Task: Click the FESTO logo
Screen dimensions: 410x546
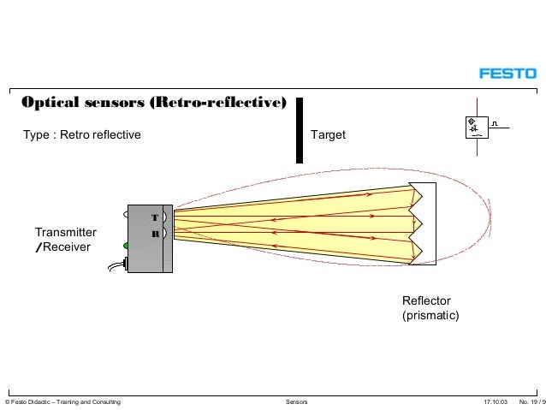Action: click(x=507, y=74)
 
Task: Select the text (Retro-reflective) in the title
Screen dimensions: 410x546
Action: click(x=217, y=104)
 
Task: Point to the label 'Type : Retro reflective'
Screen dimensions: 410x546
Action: click(x=82, y=134)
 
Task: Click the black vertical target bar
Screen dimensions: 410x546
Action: click(x=300, y=129)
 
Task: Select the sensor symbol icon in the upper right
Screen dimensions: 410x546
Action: click(x=473, y=129)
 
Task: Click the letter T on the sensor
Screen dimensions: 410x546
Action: click(x=155, y=217)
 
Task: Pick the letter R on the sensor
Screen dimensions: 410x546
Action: click(x=155, y=234)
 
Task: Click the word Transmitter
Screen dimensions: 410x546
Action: click(x=66, y=232)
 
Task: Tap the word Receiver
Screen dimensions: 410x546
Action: click(x=69, y=247)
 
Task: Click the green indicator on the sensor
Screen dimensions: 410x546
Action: click(x=126, y=247)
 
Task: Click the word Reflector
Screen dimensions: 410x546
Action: click(x=426, y=300)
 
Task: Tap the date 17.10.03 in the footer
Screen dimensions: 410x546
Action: click(x=495, y=401)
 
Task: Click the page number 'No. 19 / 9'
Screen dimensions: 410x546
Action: click(x=531, y=401)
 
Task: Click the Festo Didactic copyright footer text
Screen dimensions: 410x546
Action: click(x=62, y=401)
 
